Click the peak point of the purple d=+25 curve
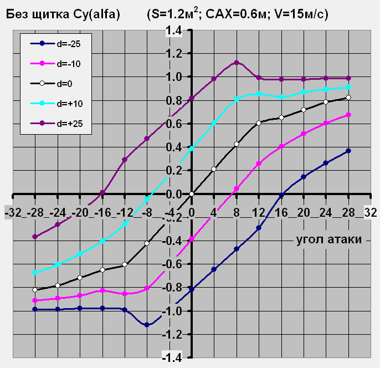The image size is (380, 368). click(236, 63)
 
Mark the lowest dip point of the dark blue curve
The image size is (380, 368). click(147, 325)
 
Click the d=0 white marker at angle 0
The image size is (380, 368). click(191, 194)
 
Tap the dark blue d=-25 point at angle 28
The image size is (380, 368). click(348, 151)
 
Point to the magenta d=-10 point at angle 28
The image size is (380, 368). click(348, 115)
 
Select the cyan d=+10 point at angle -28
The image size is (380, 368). click(35, 273)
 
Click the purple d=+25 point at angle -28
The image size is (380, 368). click(35, 237)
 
